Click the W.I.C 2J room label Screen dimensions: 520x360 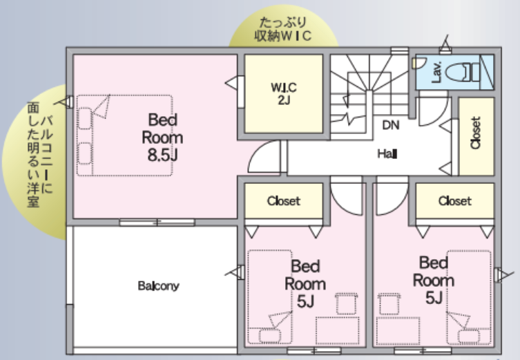point(284,93)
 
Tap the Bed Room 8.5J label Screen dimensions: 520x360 point(162,138)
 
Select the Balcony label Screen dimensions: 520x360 point(159,285)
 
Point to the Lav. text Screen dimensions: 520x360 point(436,72)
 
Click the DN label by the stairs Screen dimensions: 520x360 point(391,125)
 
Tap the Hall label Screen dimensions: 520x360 point(387,154)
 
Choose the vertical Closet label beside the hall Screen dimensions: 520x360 point(476,133)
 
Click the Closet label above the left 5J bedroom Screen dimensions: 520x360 point(284,201)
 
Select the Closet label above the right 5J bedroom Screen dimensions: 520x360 point(454,201)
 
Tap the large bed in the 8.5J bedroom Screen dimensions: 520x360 point(125,135)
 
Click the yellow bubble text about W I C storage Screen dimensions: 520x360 point(283,29)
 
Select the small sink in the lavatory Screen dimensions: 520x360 point(418,63)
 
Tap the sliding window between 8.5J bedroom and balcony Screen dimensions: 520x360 point(157,222)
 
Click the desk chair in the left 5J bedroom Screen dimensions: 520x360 point(347,303)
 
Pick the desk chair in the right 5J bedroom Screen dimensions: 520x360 point(389,303)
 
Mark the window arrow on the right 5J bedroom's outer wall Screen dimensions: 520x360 point(503,276)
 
